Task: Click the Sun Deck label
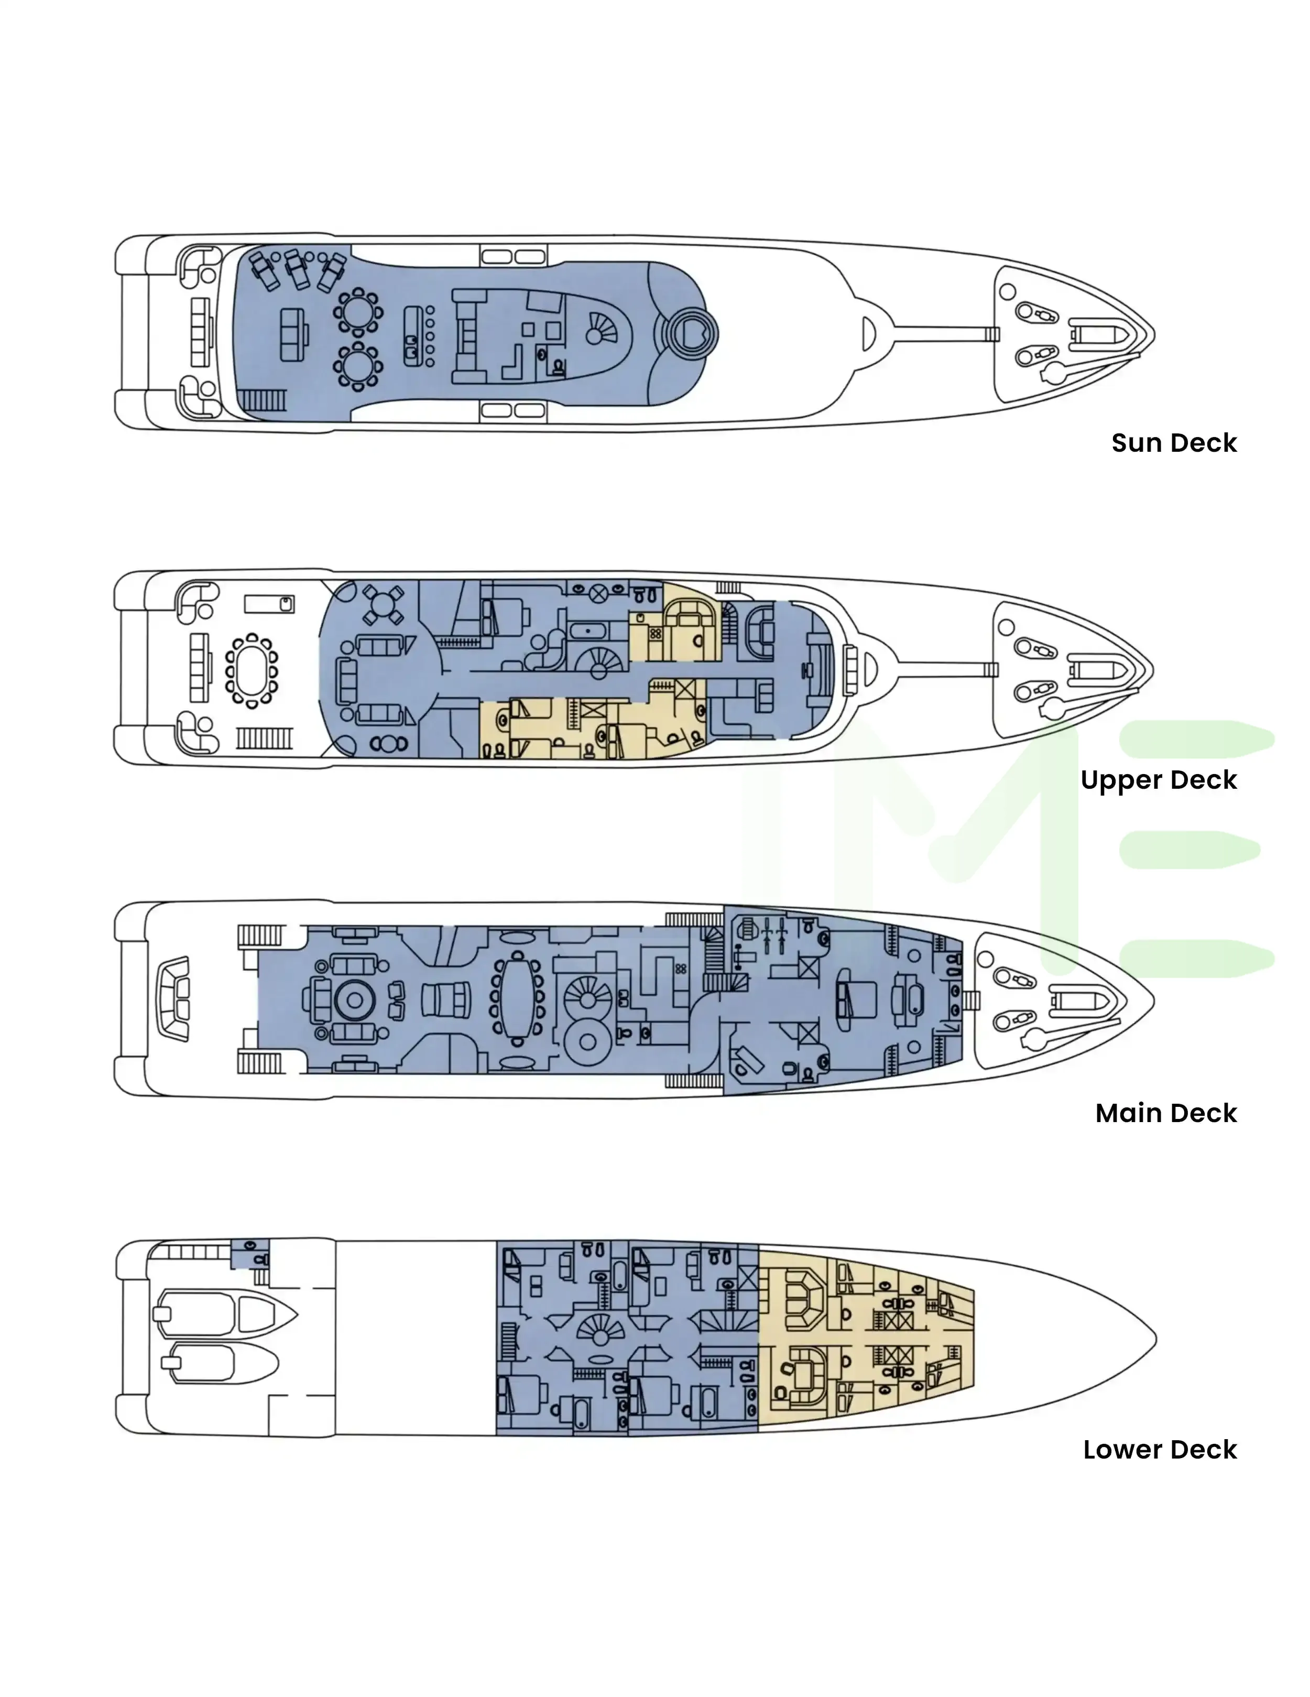coord(1173,443)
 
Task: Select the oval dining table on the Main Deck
coord(516,999)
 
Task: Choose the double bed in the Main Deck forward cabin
coord(856,1000)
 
